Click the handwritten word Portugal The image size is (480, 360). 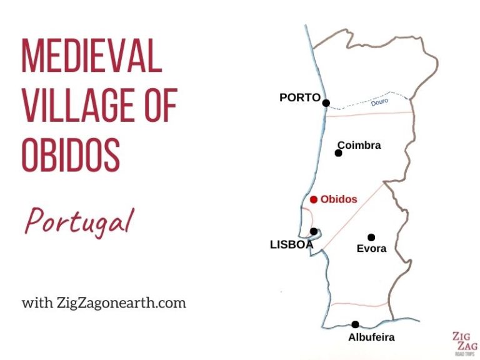(x=79, y=222)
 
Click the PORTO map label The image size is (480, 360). (x=300, y=97)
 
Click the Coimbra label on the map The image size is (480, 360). (x=359, y=146)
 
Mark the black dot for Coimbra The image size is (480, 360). (x=339, y=153)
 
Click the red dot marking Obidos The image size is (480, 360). (x=314, y=200)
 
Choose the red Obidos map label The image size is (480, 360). (x=339, y=200)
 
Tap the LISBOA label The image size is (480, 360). (x=291, y=245)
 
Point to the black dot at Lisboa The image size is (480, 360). (x=314, y=231)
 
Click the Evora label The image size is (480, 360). (x=371, y=249)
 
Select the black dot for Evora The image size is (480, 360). (x=371, y=237)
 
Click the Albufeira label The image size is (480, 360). (x=371, y=337)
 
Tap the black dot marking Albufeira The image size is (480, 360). (x=355, y=324)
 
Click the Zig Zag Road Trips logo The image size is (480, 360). (x=464, y=342)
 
